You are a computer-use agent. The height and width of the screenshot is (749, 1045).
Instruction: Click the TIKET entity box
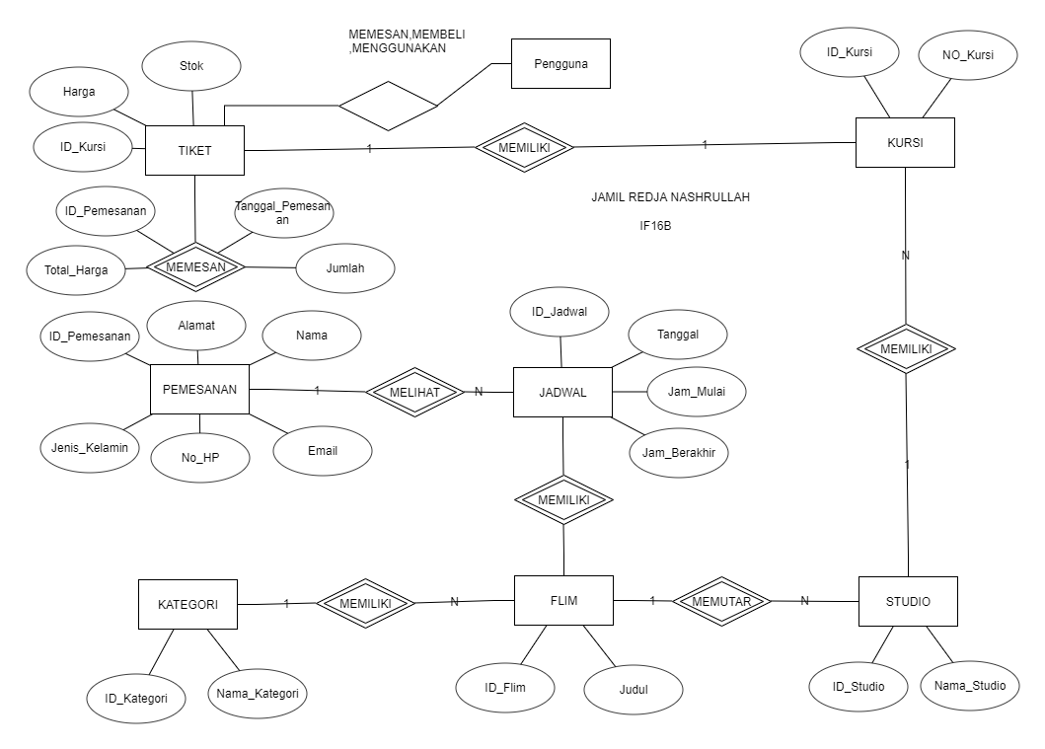point(194,151)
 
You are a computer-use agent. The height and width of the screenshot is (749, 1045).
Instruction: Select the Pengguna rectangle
point(560,64)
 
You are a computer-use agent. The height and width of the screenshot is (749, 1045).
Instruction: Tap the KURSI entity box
point(904,143)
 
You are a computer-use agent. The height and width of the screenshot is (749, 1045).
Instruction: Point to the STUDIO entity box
point(908,601)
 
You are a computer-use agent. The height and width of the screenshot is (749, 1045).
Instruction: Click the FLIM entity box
point(563,600)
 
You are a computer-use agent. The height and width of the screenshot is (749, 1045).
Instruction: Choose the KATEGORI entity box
point(187,604)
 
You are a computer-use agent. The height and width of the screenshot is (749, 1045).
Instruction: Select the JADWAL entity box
point(562,392)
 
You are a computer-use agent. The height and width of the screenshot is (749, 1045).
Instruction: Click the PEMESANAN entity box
point(199,389)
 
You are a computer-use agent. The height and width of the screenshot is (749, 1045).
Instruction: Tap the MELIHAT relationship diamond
point(414,391)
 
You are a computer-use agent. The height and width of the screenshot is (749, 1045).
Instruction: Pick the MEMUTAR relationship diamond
point(721,600)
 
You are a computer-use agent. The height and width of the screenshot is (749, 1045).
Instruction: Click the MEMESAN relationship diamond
point(196,266)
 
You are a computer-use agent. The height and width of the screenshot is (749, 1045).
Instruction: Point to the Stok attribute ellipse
point(191,67)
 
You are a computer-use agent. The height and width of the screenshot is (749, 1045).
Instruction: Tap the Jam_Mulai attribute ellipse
point(697,391)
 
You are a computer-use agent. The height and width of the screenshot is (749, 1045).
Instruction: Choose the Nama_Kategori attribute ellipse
point(258,693)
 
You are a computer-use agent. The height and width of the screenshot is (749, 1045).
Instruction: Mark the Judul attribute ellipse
point(634,690)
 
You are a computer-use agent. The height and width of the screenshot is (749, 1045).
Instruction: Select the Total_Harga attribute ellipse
point(76,269)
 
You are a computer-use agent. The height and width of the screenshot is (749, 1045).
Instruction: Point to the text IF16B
point(656,226)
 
